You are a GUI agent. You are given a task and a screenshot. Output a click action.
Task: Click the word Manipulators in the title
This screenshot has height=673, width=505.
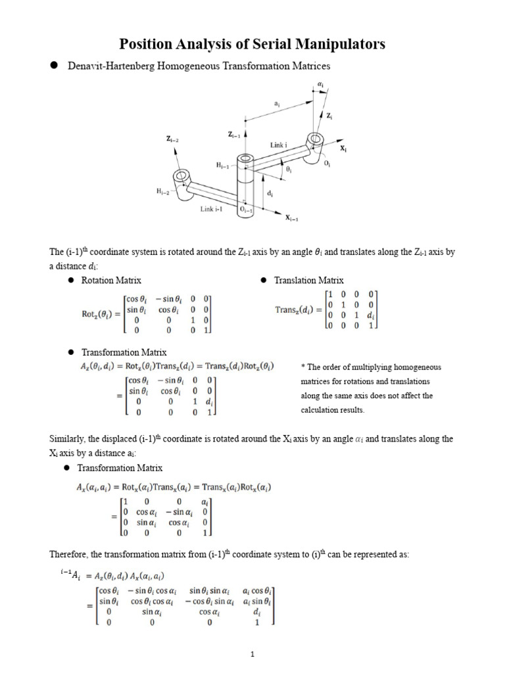pos(341,44)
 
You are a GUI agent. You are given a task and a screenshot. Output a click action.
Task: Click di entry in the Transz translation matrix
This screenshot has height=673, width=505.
pos(373,315)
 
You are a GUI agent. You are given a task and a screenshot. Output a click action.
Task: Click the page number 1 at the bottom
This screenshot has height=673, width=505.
pos(252,655)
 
